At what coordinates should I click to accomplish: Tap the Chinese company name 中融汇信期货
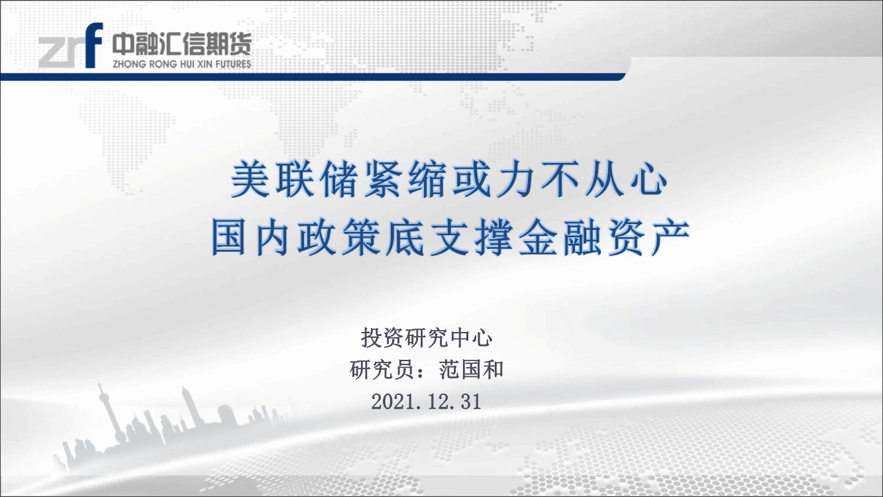pos(182,44)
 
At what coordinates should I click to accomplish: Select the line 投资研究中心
pos(427,339)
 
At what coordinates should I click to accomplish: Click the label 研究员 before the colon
pos(382,370)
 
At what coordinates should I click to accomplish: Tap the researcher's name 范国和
pos(471,370)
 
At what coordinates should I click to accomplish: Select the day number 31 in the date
pos(471,402)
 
